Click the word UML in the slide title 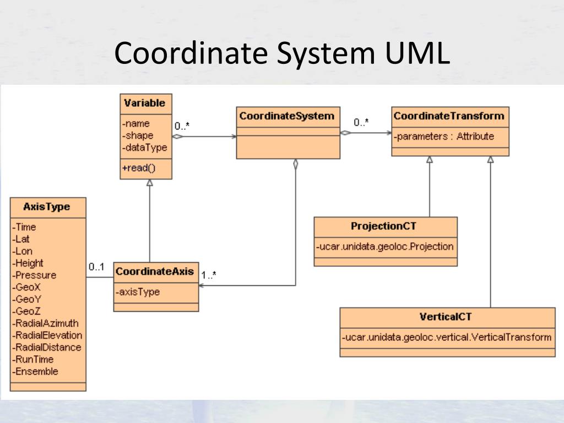pyautogui.click(x=417, y=53)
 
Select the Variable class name pyautogui.click(x=145, y=103)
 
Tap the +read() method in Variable pyautogui.click(x=138, y=168)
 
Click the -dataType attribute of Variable pyautogui.click(x=145, y=148)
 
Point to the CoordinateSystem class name pyautogui.click(x=286, y=116)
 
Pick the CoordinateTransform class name pyautogui.click(x=449, y=116)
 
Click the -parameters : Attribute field pyautogui.click(x=444, y=137)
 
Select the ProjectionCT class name pyautogui.click(x=383, y=226)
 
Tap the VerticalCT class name pyautogui.click(x=445, y=317)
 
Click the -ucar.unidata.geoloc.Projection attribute pyautogui.click(x=384, y=247)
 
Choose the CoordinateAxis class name pyautogui.click(x=155, y=272)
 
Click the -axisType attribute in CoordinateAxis pyautogui.click(x=138, y=292)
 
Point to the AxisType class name pyautogui.click(x=47, y=207)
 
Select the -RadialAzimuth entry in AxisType pyautogui.click(x=45, y=323)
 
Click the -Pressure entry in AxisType pyautogui.click(x=34, y=275)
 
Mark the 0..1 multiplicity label pyautogui.click(x=96, y=267)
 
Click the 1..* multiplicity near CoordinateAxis pyautogui.click(x=209, y=275)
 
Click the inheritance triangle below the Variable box pyautogui.click(x=150, y=182)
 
